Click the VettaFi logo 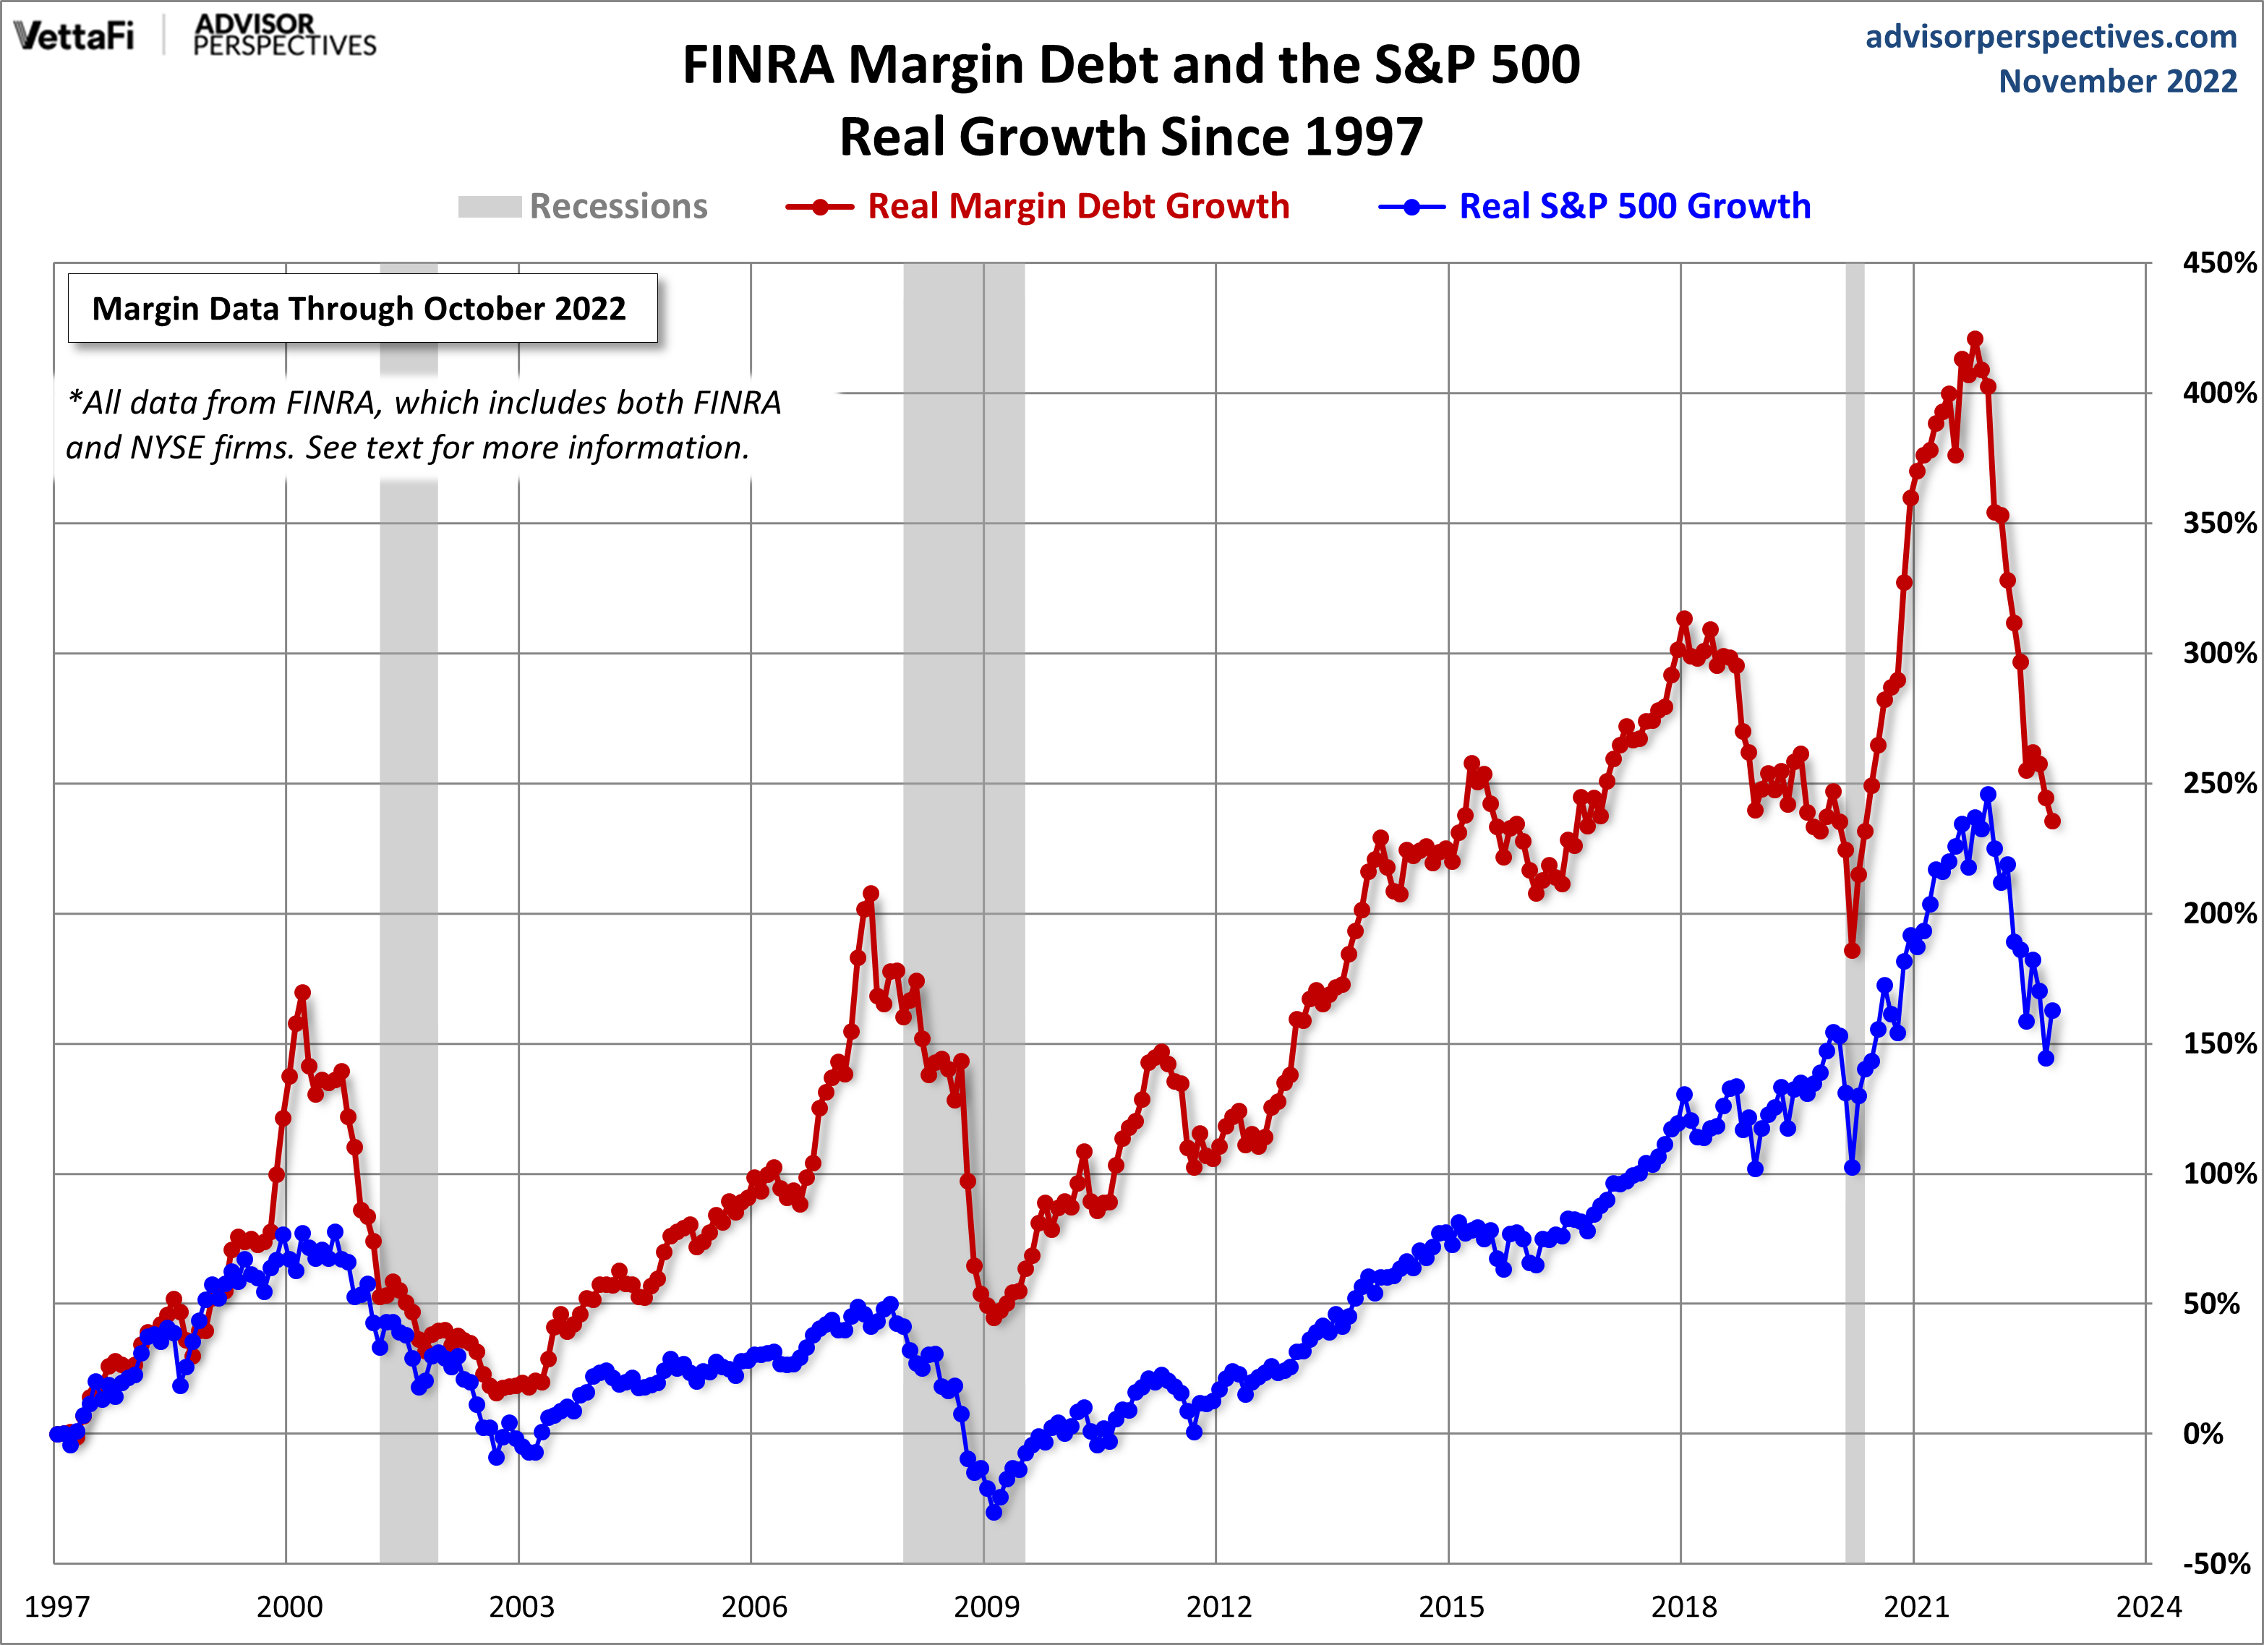pos(74,36)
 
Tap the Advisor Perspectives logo pos(283,36)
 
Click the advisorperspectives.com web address pos(2051,36)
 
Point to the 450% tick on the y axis pos(2218,262)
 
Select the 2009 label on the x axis pos(986,1606)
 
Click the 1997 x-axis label pos(57,1606)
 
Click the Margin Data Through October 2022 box pos(362,309)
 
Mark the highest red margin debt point pos(1975,339)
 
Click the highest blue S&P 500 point pos(1988,795)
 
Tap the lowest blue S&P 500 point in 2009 pos(994,1512)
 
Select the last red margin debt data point pos(2052,821)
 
